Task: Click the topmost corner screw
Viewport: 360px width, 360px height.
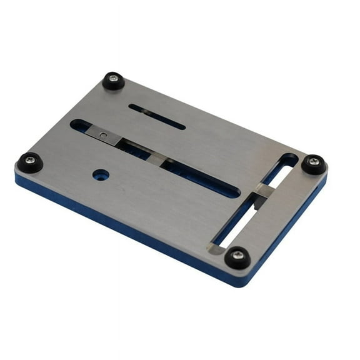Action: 113,80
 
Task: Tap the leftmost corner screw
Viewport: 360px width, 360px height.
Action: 30,162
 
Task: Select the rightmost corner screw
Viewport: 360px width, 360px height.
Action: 314,164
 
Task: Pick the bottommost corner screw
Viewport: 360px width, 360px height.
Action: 237,256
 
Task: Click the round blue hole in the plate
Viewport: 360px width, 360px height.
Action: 101,175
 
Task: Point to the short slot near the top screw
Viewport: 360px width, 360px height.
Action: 157,117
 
